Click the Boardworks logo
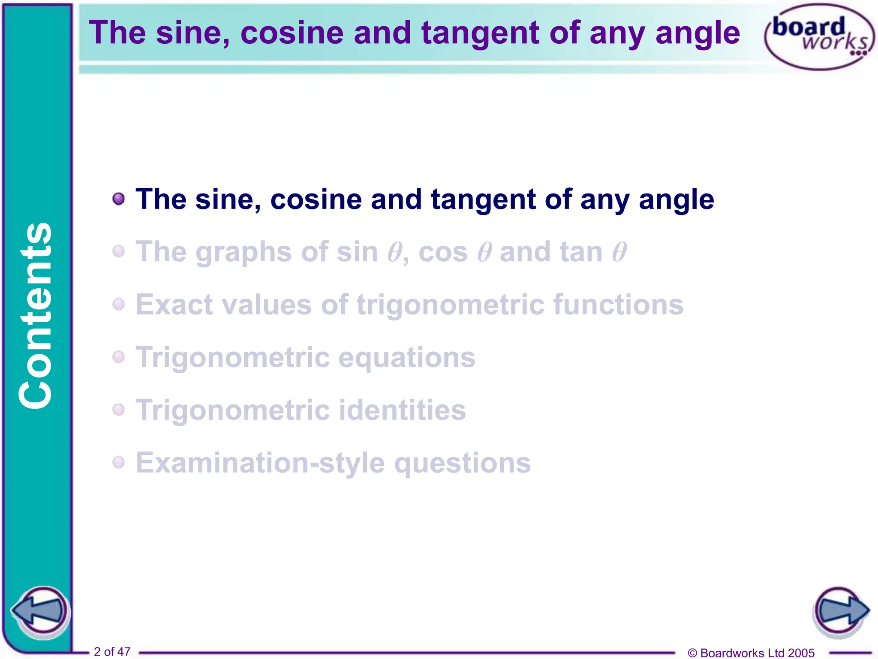[819, 37]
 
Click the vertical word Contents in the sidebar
[36, 315]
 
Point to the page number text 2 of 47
[112, 652]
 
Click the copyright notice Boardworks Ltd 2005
[751, 653]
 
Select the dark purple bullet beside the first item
[119, 199]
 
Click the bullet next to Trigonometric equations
[119, 357]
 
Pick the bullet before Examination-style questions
[119, 463]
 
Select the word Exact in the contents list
[174, 305]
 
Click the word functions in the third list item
[618, 305]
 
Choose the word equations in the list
[407, 358]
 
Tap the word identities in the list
[402, 410]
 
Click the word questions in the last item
[462, 463]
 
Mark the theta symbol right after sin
[394, 252]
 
